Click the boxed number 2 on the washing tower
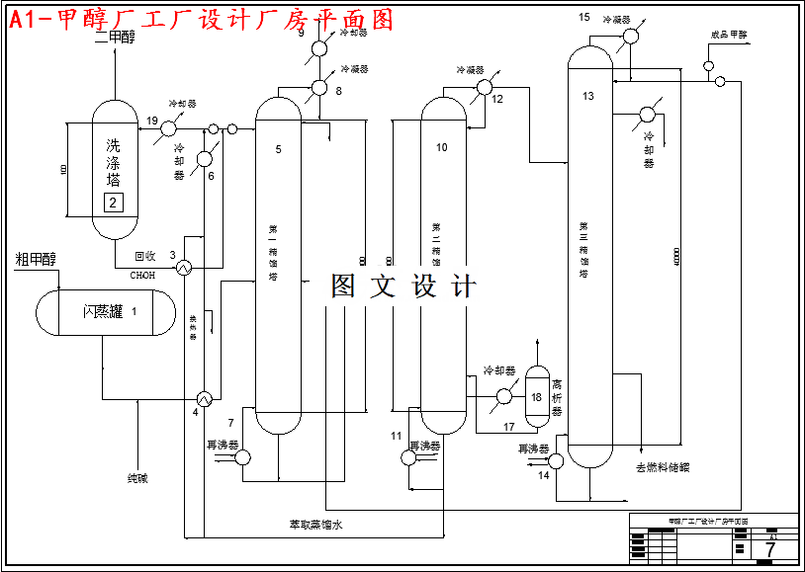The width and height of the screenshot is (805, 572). [113, 204]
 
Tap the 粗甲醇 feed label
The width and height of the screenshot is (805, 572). [36, 260]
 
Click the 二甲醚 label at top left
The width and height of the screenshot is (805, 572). [114, 38]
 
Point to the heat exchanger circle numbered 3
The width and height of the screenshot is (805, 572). [184, 267]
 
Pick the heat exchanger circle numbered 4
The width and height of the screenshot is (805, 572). [205, 398]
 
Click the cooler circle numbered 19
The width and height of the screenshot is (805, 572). [169, 127]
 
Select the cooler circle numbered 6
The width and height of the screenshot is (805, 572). [205, 158]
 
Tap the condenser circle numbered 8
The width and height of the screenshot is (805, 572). [319, 87]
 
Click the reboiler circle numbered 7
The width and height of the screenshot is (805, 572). [243, 455]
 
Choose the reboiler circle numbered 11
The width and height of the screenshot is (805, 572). [410, 455]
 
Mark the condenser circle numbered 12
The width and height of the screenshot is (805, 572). [484, 87]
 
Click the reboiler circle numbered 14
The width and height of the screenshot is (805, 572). [555, 460]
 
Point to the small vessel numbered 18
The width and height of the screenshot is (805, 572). [536, 396]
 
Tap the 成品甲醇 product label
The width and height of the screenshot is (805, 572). [729, 35]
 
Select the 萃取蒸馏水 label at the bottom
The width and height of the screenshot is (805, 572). [315, 525]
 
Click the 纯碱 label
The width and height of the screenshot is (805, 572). [137, 478]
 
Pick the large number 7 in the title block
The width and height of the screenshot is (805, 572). [769, 548]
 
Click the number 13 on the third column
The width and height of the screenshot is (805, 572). [588, 96]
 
